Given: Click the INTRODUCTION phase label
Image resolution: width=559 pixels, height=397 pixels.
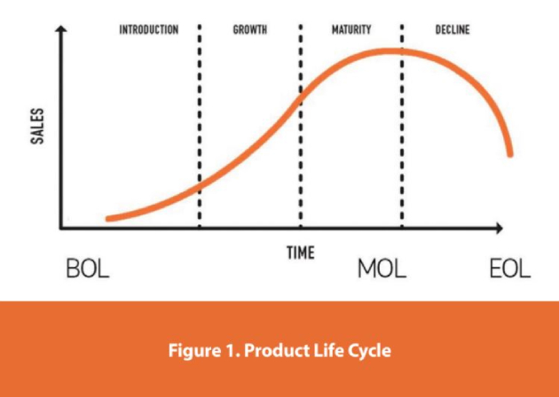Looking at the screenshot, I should click(x=149, y=30).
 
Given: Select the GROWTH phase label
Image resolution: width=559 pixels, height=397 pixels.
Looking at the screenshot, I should click(x=250, y=30).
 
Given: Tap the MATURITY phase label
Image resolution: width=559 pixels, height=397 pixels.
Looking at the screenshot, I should click(x=350, y=30).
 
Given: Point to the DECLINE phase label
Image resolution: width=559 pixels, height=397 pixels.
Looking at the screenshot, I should click(x=453, y=30).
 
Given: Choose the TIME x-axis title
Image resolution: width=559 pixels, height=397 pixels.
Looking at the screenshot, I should click(x=300, y=253).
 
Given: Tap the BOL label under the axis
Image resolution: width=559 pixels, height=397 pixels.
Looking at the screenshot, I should click(x=88, y=269).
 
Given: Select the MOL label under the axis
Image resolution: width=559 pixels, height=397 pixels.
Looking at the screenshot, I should click(x=382, y=269).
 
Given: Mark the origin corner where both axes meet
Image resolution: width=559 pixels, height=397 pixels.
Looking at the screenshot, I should click(x=61, y=229).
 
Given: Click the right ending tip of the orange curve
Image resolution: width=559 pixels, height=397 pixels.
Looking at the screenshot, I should click(x=509, y=154).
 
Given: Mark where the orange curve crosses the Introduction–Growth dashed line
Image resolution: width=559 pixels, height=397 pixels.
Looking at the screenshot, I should click(x=199, y=176).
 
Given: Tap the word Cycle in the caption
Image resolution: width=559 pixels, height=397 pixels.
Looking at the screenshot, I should click(x=368, y=349).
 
